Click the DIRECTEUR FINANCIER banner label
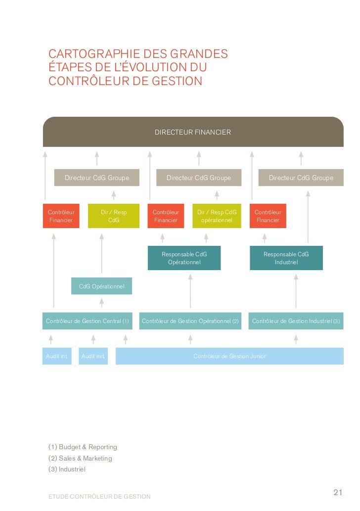pyautogui.click(x=193, y=133)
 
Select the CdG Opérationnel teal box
pyautogui.click(x=101, y=286)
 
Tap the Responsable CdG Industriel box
pyautogui.click(x=286, y=258)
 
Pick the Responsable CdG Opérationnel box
pyautogui.click(x=184, y=258)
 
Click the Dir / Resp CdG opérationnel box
pyautogui.click(x=217, y=216)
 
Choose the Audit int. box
pyautogui.click(x=57, y=356)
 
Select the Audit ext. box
pyautogui.click(x=93, y=356)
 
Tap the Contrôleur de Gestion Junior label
pyautogui.click(x=229, y=356)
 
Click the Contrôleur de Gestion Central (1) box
pyautogui.click(x=88, y=321)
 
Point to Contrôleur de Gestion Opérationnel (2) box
pyautogui.click(x=190, y=321)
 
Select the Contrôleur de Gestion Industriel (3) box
pyautogui.click(x=296, y=321)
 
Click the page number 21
pyautogui.click(x=338, y=492)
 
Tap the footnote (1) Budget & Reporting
pyautogui.click(x=83, y=447)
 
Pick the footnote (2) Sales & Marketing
pyautogui.click(x=80, y=459)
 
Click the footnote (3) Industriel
pyautogui.click(x=67, y=469)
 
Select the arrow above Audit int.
pyautogui.click(x=50, y=339)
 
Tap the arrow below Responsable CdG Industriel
pyautogui.click(x=296, y=291)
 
